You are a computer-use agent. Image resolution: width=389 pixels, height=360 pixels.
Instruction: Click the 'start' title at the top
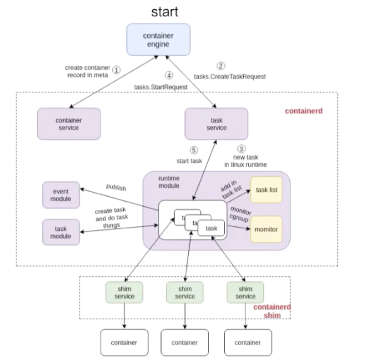point(165,11)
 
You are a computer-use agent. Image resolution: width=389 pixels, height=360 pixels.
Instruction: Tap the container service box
point(69,123)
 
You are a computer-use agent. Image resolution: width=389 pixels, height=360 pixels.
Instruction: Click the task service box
point(216,123)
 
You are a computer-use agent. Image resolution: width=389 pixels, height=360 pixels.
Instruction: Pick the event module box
point(61,195)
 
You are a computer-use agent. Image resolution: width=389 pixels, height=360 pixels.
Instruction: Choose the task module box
point(61,232)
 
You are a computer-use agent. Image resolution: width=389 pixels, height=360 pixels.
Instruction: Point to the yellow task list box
point(266,189)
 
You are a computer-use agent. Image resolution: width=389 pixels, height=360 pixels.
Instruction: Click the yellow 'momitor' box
point(266,229)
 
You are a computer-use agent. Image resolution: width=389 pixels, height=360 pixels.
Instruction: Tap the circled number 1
point(117,70)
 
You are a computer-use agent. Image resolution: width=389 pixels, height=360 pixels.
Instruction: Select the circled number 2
point(221,66)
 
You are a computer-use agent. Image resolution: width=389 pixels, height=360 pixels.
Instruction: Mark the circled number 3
point(241,149)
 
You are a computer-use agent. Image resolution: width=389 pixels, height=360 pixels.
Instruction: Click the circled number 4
point(169,76)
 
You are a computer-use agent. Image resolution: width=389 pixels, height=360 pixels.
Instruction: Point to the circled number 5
point(193,150)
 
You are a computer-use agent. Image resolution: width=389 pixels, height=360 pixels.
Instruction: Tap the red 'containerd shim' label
point(272,311)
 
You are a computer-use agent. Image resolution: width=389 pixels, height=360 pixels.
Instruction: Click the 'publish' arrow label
point(116,187)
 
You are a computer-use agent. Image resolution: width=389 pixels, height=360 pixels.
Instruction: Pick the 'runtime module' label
point(169,182)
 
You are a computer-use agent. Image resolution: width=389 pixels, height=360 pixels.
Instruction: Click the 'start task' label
point(189,161)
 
